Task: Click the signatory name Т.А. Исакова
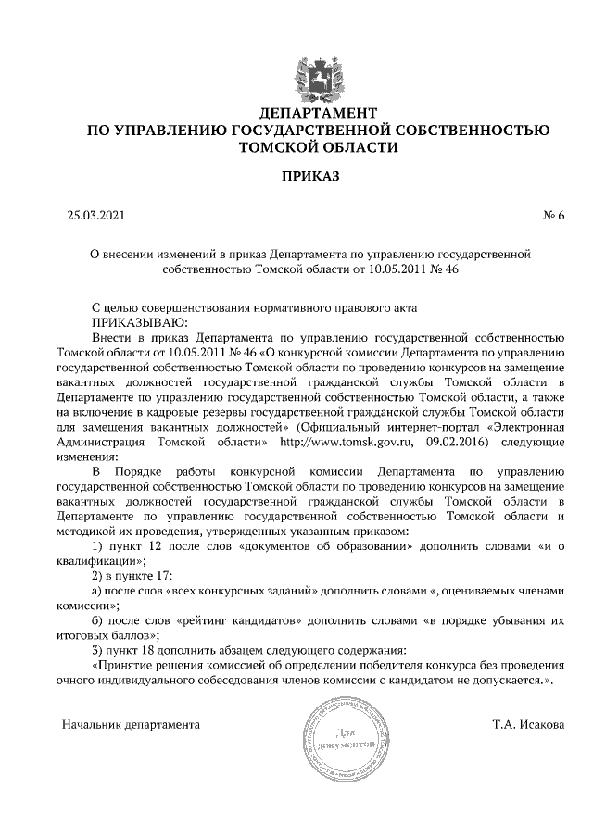point(528,723)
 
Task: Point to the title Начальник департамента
point(131,723)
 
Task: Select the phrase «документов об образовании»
point(321,546)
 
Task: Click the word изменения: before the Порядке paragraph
point(88,457)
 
